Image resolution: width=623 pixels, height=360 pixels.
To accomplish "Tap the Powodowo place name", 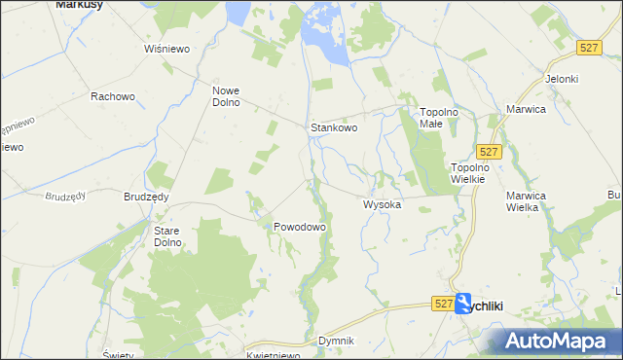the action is pyautogui.click(x=298, y=226).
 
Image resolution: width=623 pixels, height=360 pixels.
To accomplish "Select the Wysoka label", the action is pyautogui.click(x=382, y=205).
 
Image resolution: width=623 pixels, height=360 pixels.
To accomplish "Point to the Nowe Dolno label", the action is pyautogui.click(x=226, y=96).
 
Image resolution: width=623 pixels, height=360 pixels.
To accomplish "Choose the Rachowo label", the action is pyautogui.click(x=111, y=96).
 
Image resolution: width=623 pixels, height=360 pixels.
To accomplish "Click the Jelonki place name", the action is pyautogui.click(x=562, y=79).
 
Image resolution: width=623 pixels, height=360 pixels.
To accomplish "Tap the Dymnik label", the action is pyautogui.click(x=336, y=342).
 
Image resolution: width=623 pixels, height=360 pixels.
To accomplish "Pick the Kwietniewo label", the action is pyautogui.click(x=272, y=355).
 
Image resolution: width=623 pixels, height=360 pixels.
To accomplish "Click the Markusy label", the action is pyautogui.click(x=80, y=5).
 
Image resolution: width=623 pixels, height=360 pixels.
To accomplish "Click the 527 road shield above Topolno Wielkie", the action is pyautogui.click(x=490, y=151).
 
